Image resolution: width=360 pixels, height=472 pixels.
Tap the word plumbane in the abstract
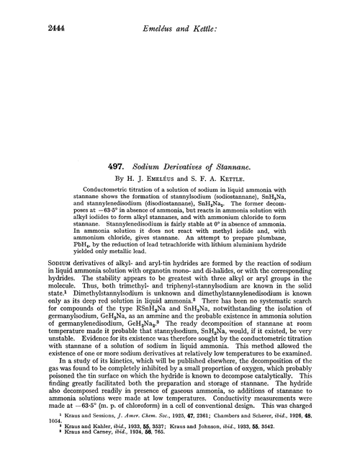click(x=300, y=246)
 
